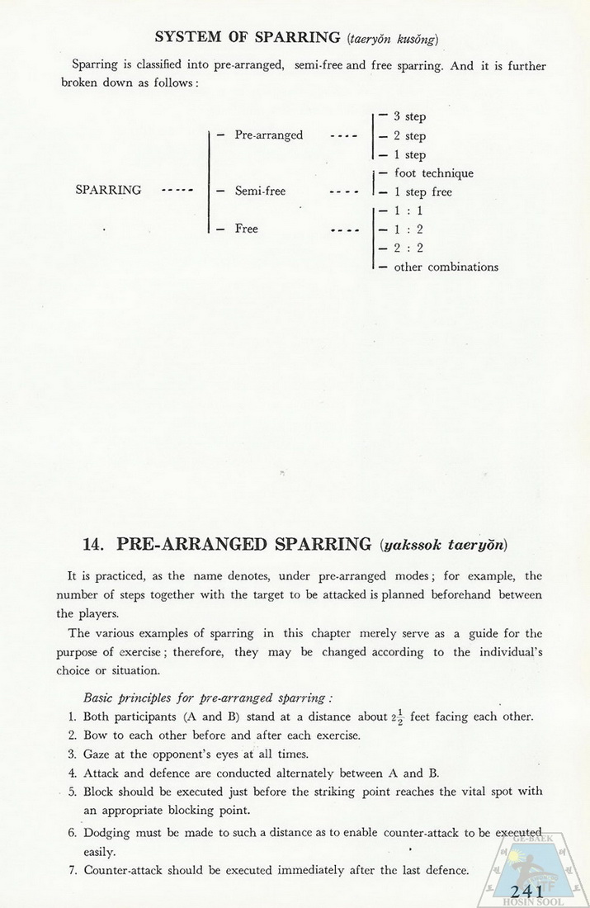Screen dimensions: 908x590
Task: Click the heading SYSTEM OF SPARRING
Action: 248,37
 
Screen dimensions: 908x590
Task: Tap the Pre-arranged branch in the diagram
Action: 268,135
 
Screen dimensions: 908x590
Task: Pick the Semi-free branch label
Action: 260,192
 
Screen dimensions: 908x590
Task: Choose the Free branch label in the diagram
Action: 246,229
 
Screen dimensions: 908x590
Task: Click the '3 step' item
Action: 409,117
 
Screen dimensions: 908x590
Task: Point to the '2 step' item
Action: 409,136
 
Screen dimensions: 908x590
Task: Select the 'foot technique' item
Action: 433,173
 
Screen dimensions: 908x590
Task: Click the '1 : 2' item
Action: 408,229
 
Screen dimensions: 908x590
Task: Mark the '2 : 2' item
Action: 408,248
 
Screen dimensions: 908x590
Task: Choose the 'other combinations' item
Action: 446,267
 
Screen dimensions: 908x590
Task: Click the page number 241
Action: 526,891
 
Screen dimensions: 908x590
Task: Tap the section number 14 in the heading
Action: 92,545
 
